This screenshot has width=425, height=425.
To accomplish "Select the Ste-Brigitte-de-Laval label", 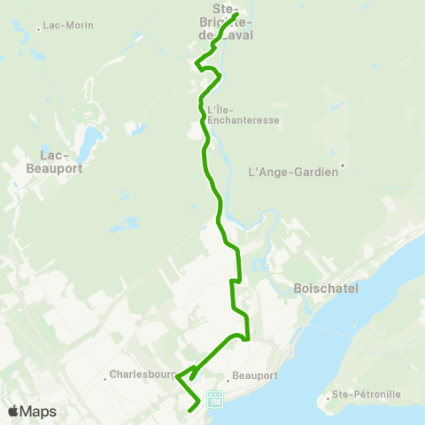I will point(232,21).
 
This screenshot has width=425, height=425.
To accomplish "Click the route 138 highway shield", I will point(214,399).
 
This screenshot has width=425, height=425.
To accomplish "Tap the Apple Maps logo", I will point(32,411).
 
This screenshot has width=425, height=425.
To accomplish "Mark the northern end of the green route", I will point(235,15).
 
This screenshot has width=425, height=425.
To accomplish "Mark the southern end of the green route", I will point(192,410).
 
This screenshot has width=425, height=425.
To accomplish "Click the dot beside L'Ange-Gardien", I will point(343,164).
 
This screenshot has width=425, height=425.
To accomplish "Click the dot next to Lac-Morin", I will point(38,29).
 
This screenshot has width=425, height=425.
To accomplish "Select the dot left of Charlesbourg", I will point(105,377).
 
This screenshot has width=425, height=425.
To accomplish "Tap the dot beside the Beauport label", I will point(228,379).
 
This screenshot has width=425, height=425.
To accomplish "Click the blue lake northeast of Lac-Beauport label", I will point(89,139).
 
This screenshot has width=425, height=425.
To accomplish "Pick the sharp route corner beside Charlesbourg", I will point(177,377).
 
